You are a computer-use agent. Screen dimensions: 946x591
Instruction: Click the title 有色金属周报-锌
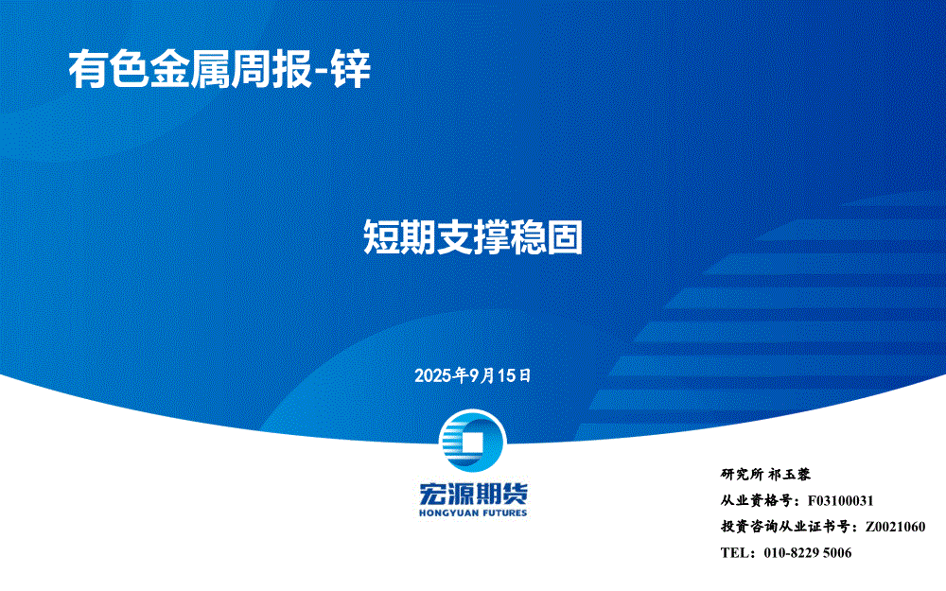tap(219, 70)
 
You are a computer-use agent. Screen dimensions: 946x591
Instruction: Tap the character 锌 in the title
tap(352, 70)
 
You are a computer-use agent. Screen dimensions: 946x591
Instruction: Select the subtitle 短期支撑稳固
tap(473, 237)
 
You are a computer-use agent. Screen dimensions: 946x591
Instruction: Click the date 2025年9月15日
tap(472, 375)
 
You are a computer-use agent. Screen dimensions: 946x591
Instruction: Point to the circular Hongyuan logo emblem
tap(472, 441)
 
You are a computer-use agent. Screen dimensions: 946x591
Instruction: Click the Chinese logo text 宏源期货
tap(473, 495)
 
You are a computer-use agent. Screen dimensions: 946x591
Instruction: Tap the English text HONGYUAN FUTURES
tap(473, 513)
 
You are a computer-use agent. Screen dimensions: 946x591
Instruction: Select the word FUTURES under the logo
tap(504, 513)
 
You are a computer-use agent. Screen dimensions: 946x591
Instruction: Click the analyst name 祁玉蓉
tap(789, 475)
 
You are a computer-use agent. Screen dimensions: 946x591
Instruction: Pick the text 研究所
tap(742, 475)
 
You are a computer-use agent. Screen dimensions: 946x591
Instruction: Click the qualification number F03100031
tap(840, 500)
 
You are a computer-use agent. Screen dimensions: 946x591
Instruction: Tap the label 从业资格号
tap(757, 500)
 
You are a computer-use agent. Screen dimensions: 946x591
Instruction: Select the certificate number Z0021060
tap(895, 527)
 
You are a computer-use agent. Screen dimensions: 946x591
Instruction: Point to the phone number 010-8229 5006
tap(808, 552)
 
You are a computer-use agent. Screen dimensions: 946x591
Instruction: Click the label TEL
tap(734, 552)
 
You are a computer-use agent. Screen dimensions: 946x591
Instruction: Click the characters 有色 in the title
tap(109, 70)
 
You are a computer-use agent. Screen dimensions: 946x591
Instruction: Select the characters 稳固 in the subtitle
tap(547, 237)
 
